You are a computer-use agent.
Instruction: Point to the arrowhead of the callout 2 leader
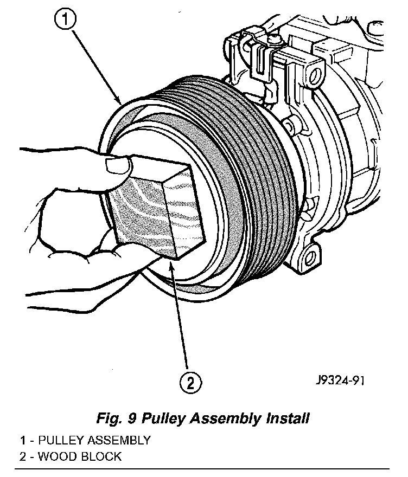(172, 261)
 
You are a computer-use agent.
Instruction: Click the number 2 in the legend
(23, 456)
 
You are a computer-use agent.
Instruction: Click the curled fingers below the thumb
(65, 222)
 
